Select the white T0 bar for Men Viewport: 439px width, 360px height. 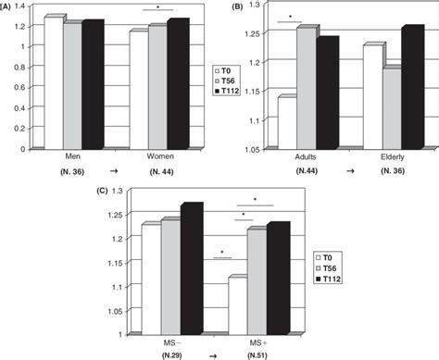53,82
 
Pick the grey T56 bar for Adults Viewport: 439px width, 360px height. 307,88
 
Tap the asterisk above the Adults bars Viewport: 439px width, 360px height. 290,16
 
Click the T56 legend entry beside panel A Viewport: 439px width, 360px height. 221,80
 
